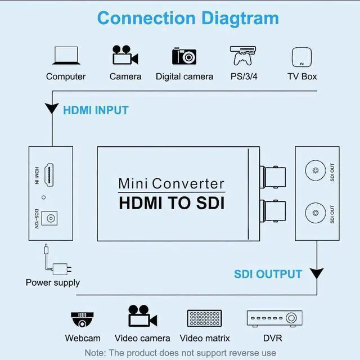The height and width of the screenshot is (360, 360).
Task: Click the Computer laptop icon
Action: [66, 56]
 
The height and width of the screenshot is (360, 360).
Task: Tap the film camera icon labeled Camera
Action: [125, 56]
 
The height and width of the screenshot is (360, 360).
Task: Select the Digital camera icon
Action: [184, 56]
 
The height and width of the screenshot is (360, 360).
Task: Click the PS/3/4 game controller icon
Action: [243, 56]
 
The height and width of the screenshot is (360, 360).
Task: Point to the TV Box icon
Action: [302, 57]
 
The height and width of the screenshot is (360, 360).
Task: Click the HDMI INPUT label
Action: [96, 110]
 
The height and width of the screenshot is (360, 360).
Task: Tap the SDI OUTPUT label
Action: [268, 274]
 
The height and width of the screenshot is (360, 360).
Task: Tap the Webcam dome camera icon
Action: [82, 318]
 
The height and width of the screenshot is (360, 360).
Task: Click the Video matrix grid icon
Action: [205, 318]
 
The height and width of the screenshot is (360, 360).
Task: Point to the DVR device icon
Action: [272, 318]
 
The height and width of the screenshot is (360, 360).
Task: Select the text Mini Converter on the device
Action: [171, 183]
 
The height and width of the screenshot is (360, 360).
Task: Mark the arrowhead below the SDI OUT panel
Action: [317, 274]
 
